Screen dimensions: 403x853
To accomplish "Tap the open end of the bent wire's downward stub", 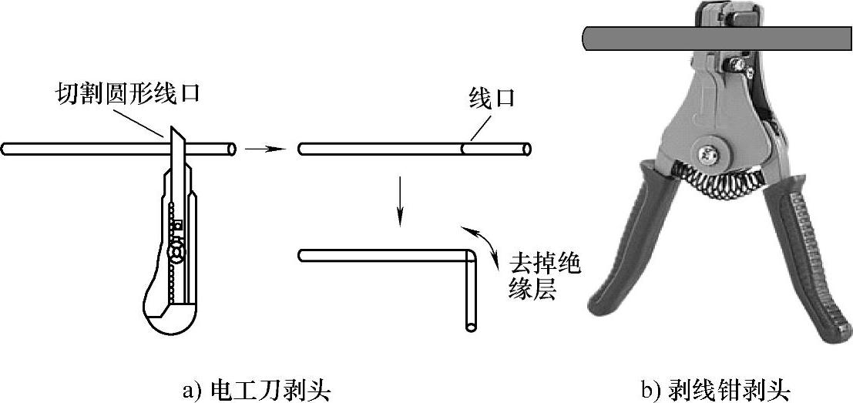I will (x=470, y=327).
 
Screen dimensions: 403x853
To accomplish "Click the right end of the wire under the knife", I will (x=230, y=149).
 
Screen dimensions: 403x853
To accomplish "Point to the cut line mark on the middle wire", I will (x=463, y=149).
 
